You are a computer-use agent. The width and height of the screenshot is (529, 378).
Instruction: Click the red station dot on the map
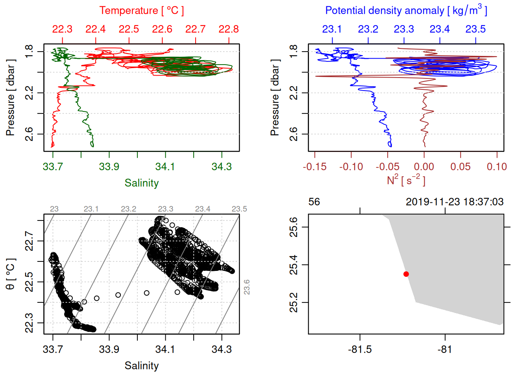406,274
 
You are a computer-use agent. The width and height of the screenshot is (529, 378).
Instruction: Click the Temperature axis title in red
141,11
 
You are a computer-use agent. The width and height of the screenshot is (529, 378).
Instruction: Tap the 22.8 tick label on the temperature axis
229,29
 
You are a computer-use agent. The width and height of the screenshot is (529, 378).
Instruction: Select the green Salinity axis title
141,183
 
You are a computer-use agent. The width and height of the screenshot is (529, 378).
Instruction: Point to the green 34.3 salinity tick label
222,167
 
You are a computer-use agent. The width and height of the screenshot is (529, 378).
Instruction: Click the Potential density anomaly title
406,11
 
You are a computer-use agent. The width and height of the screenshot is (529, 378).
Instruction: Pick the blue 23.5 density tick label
475,29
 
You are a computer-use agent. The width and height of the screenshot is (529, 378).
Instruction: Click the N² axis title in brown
406,180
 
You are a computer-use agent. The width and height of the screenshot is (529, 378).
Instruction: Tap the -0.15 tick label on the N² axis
314,167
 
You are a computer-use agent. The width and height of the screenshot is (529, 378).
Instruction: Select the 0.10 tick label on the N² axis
497,167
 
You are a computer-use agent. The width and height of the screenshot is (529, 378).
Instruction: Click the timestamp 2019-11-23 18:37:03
455,202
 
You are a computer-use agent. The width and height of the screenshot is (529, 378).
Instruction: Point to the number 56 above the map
314,202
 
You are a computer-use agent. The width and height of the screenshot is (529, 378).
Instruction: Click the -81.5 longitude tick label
360,350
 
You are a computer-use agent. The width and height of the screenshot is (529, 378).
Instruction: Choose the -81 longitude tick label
445,350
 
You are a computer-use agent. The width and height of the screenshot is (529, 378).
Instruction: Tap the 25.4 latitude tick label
294,265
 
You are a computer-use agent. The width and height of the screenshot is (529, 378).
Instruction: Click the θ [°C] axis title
11,274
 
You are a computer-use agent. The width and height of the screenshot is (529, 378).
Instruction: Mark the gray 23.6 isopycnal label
247,287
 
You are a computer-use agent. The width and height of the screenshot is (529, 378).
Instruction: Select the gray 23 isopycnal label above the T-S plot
54,209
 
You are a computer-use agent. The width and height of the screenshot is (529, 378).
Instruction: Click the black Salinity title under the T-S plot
141,366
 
